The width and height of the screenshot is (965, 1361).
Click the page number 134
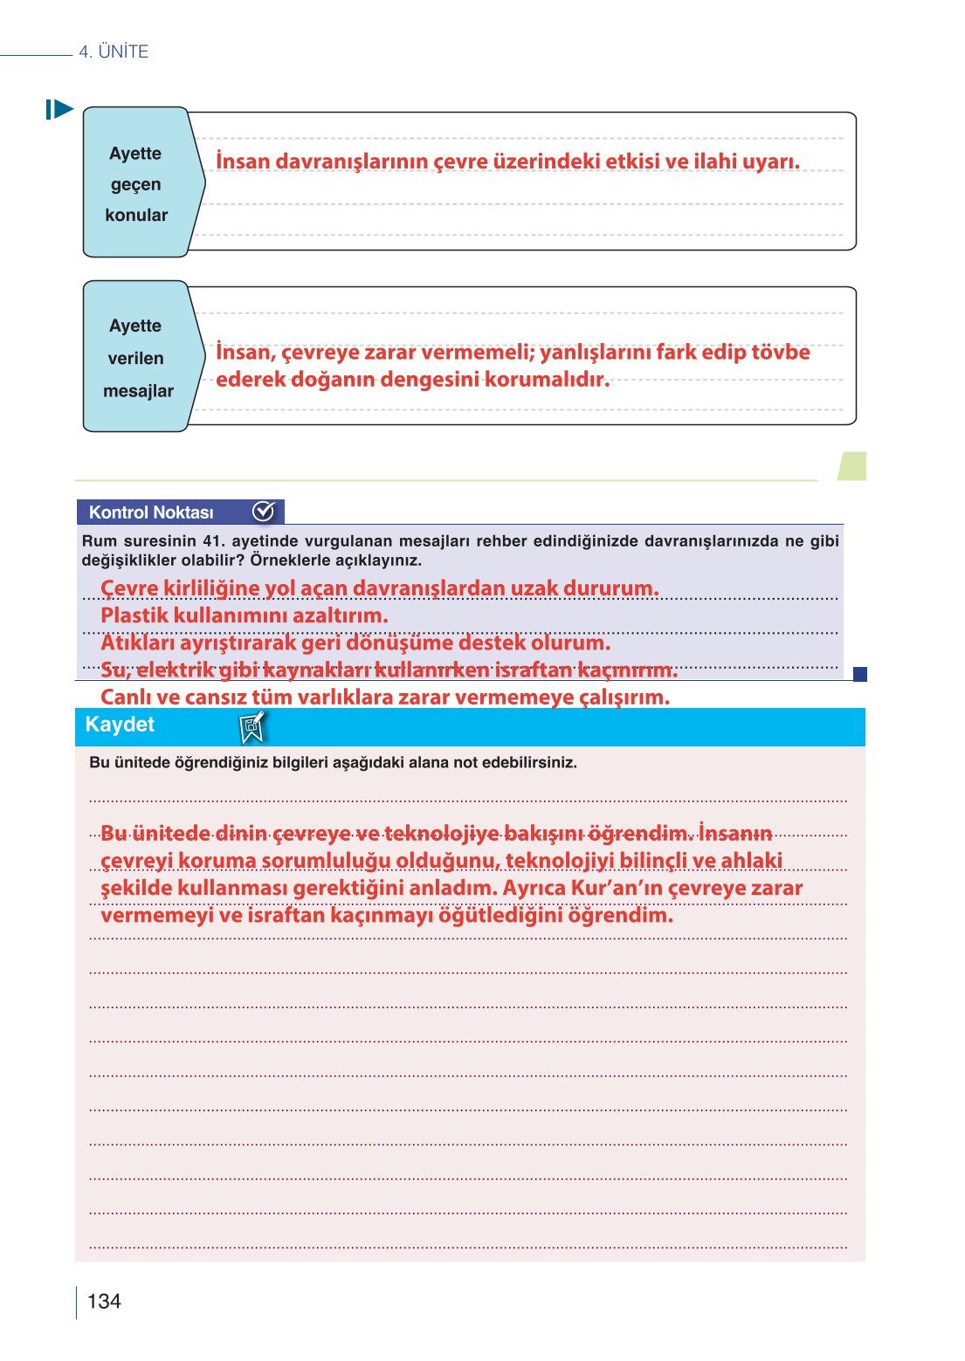click(x=104, y=1301)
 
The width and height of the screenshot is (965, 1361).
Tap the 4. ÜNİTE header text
click(x=114, y=52)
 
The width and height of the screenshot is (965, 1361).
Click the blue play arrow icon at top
click(x=59, y=109)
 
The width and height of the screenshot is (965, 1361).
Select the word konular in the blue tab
click(x=136, y=215)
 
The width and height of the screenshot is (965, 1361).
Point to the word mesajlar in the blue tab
click(x=138, y=391)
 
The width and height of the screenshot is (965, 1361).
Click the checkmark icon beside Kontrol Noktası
click(x=263, y=512)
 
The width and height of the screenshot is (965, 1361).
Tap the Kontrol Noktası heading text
click(x=151, y=512)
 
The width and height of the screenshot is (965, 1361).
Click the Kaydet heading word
click(x=120, y=725)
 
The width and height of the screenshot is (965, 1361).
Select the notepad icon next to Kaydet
click(x=252, y=726)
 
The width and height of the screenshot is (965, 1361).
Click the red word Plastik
click(x=134, y=615)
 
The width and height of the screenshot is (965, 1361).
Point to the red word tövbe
click(x=781, y=352)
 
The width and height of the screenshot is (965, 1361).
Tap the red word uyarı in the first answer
click(x=771, y=162)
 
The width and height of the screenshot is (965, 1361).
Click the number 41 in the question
click(x=211, y=541)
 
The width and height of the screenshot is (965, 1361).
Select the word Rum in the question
click(x=99, y=541)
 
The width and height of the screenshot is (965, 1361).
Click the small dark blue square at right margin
click(x=859, y=674)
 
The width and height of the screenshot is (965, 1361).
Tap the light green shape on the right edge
click(x=852, y=465)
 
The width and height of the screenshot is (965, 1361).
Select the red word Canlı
click(x=128, y=698)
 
